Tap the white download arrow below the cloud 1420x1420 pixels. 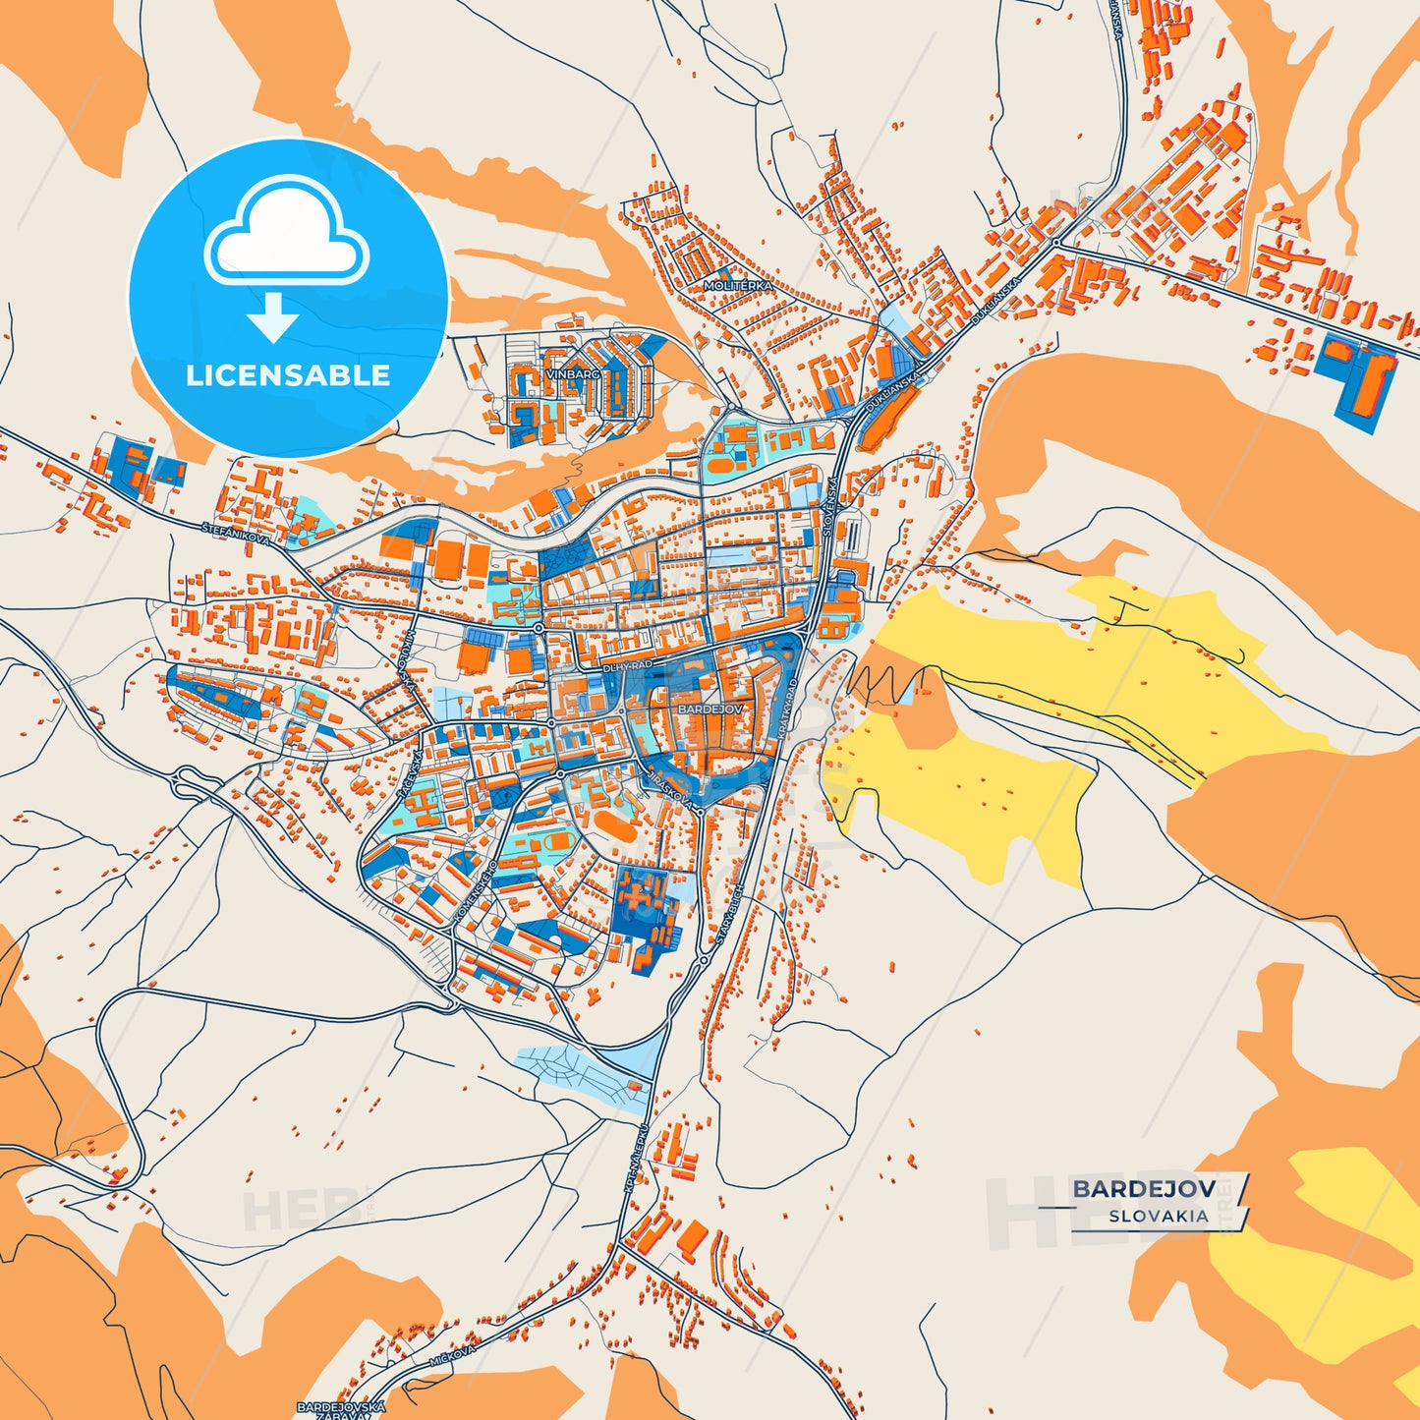(x=273, y=316)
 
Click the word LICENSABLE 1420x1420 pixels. (x=288, y=374)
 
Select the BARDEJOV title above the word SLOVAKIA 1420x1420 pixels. (x=1144, y=1189)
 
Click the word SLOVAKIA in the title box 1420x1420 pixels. (x=1159, y=1216)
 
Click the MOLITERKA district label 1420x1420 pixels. (x=738, y=285)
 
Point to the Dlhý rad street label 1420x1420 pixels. (x=628, y=666)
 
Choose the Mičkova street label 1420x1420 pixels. (x=453, y=1357)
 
